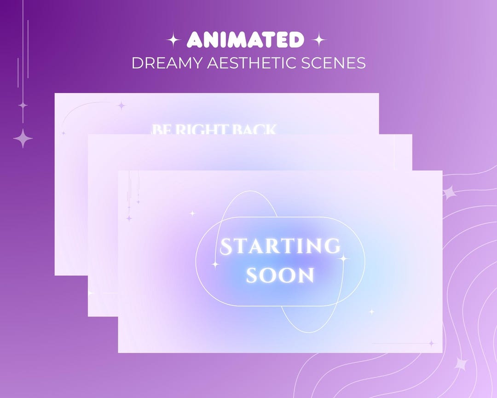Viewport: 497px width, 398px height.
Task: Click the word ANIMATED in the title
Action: coord(246,41)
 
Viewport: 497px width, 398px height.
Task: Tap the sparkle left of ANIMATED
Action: coord(173,41)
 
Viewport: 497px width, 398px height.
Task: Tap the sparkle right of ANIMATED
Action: coord(318,41)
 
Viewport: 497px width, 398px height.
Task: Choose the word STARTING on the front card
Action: coord(281,247)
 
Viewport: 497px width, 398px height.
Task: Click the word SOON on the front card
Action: coord(280,275)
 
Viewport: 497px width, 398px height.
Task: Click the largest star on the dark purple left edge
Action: coord(23,138)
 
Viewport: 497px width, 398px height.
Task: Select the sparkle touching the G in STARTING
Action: coord(343,258)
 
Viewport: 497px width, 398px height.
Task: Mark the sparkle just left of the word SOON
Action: coord(215,264)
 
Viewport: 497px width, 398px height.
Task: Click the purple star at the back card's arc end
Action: coord(121,105)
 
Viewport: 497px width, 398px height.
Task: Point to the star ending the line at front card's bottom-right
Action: coord(431,343)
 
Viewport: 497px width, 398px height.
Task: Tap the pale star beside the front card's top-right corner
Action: coord(450,193)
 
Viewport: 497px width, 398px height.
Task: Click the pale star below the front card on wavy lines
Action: coord(461,364)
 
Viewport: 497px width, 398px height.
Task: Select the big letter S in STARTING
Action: coord(226,247)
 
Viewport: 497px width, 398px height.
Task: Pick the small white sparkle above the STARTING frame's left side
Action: coord(192,213)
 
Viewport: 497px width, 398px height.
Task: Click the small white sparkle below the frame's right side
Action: coord(371,312)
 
